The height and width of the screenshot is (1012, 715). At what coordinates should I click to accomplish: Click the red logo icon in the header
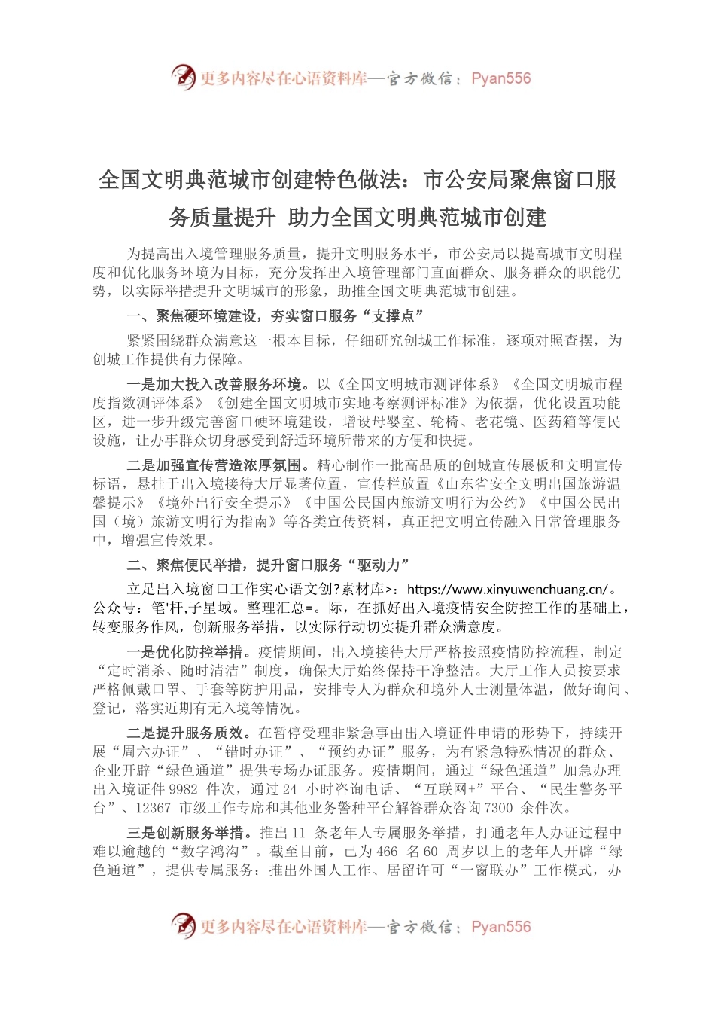183,76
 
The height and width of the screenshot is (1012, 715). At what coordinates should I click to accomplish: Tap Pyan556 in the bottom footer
500,927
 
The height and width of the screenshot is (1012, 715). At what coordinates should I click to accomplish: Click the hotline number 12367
153,808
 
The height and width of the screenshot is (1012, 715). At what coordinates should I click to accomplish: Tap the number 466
387,852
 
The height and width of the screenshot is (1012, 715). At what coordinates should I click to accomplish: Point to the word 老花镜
500,422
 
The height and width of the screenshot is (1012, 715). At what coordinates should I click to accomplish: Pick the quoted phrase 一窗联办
482,870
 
